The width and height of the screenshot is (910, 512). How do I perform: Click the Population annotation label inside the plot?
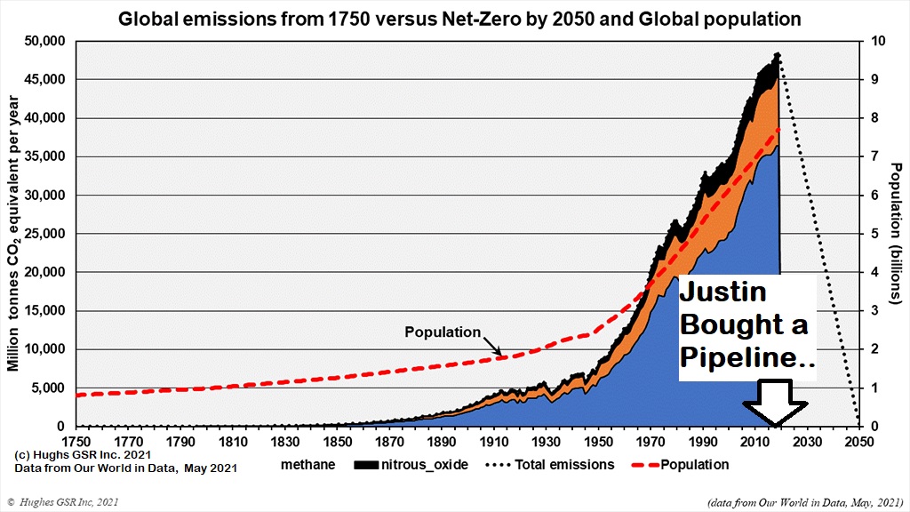[442, 332]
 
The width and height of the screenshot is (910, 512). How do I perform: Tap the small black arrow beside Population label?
[492, 346]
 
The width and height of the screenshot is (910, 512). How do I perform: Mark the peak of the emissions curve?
[778, 54]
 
